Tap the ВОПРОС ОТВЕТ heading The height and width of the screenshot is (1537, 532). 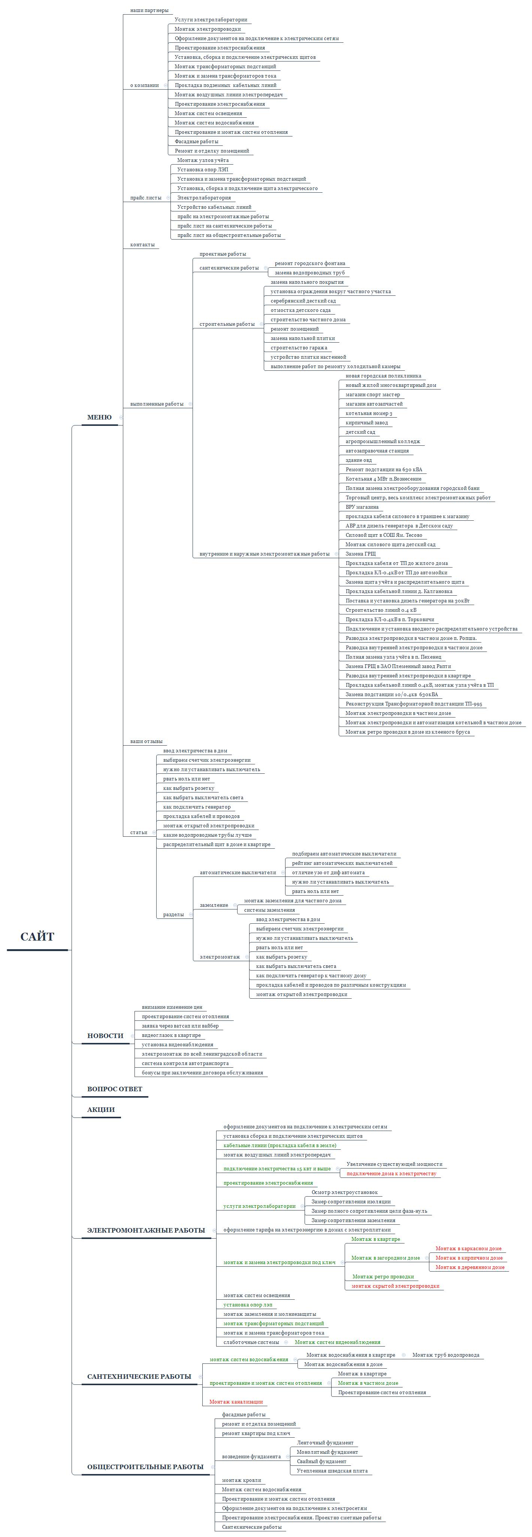(115, 1089)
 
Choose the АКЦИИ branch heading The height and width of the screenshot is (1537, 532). (101, 1110)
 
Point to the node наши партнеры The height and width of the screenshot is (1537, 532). (149, 10)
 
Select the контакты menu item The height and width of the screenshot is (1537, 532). (142, 245)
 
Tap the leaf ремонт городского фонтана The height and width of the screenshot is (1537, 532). (309, 263)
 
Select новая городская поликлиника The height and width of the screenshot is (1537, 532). (383, 376)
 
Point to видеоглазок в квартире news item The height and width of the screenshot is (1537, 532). (171, 1035)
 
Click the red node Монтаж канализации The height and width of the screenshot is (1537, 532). (236, 1402)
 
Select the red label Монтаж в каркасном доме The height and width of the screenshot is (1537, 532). (468, 1248)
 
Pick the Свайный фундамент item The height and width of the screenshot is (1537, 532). (321, 1461)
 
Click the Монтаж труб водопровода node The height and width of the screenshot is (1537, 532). (445, 1355)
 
